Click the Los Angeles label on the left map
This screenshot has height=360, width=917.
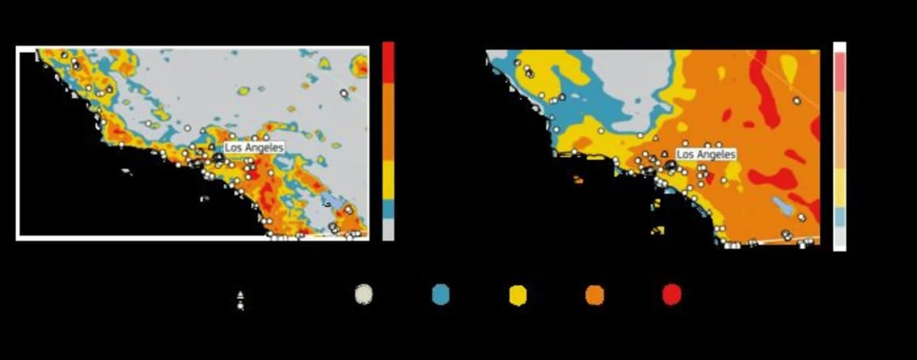254,147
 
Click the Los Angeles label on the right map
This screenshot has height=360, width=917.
706,154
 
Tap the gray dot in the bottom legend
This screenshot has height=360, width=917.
364,295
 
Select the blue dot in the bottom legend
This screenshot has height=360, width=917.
441,295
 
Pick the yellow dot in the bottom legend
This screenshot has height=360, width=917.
518,295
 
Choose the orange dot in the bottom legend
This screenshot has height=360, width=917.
595,295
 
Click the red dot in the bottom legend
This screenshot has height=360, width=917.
672,295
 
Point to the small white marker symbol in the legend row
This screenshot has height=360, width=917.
241,300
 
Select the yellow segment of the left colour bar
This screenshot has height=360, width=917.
388,180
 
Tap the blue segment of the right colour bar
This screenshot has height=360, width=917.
839,217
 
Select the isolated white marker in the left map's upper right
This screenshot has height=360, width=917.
344,92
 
